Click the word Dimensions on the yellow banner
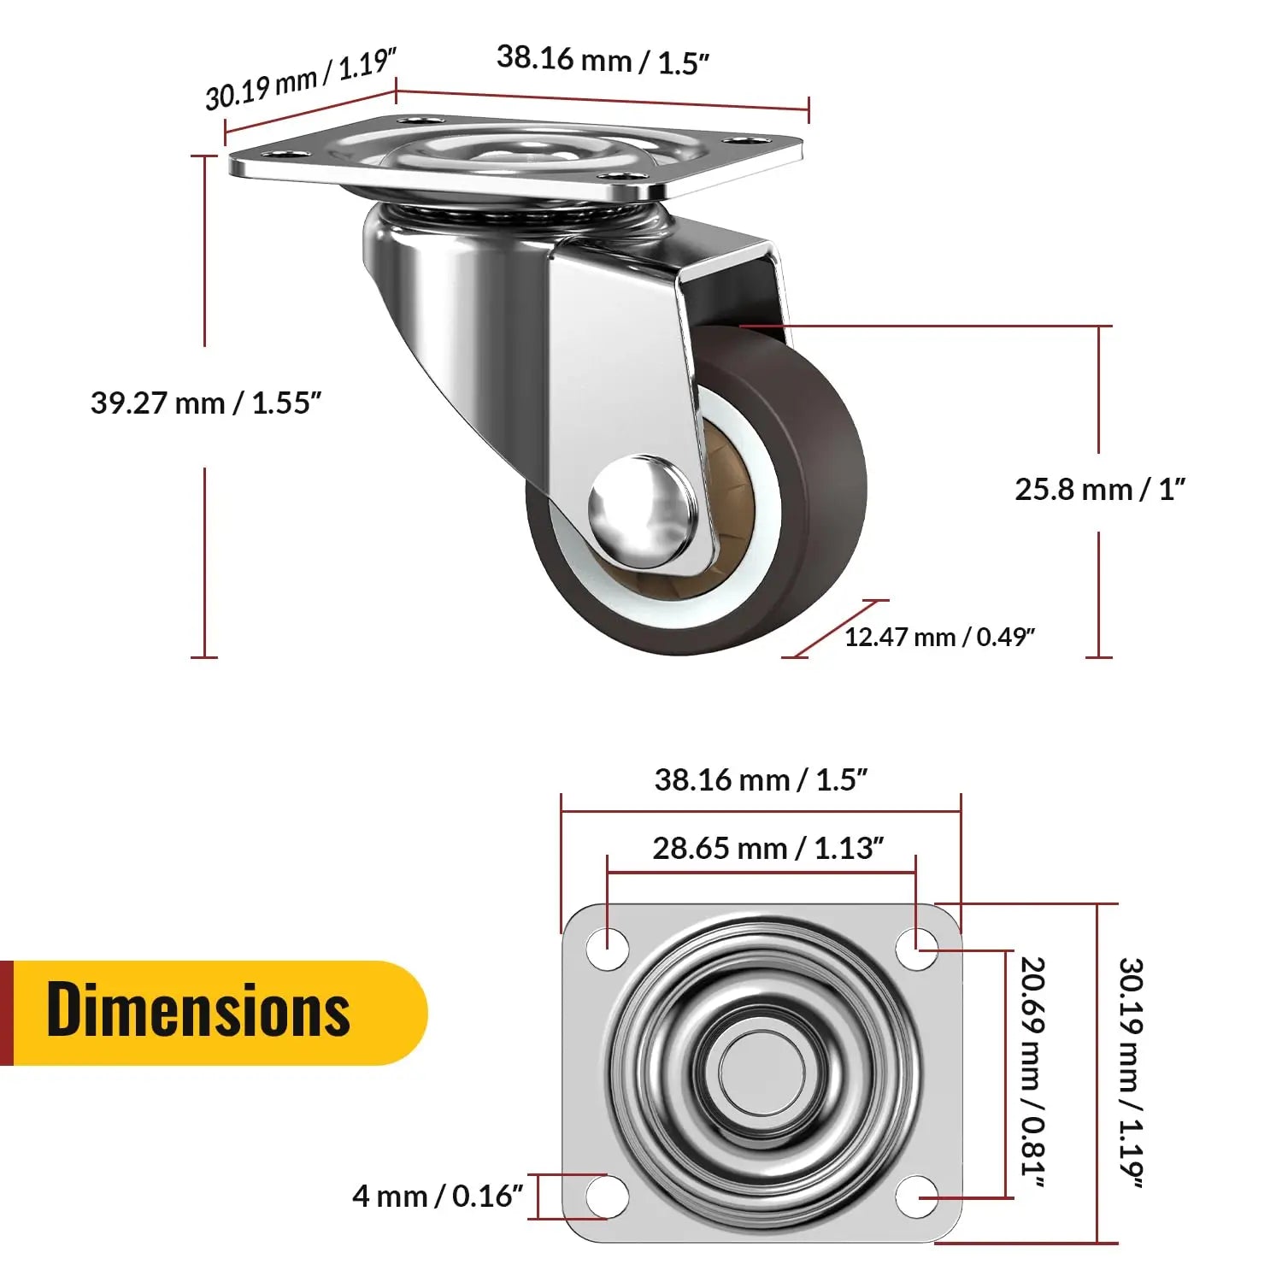click(198, 1010)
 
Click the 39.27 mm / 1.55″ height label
click(205, 403)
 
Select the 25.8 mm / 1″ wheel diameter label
click(1100, 490)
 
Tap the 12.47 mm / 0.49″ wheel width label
click(939, 637)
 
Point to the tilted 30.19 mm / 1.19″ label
click(301, 79)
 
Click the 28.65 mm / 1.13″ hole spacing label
click(767, 848)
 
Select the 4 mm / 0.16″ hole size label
click(437, 1196)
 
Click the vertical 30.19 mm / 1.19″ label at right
click(1131, 1073)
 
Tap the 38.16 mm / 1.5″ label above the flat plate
click(761, 779)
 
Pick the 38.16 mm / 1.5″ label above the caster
click(603, 60)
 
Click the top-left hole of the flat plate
click(608, 949)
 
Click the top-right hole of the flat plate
click(916, 949)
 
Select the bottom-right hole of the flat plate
click(916, 1196)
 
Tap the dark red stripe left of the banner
click(6, 1013)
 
